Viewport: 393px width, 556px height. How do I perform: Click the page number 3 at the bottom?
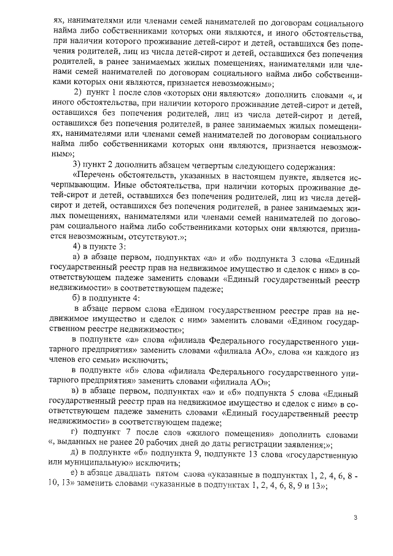click(356, 517)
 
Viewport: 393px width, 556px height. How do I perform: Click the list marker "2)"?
click(79, 92)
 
